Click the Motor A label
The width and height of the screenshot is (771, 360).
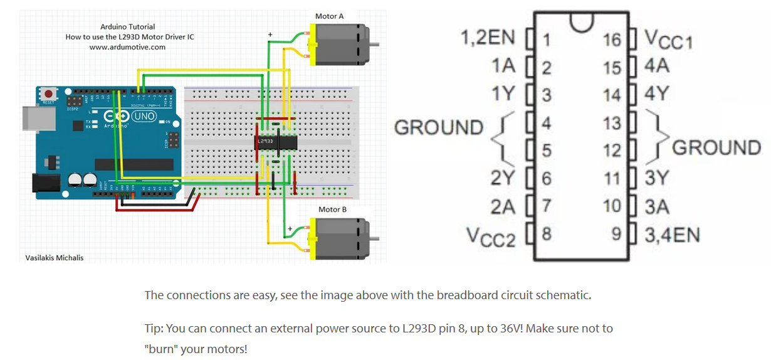(x=329, y=16)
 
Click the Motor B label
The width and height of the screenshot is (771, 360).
(x=332, y=209)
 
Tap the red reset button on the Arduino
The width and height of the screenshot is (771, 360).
(x=48, y=93)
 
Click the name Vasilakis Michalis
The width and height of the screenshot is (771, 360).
(x=54, y=258)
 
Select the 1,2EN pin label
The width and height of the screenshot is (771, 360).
(x=487, y=38)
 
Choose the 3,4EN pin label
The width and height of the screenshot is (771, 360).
(x=671, y=235)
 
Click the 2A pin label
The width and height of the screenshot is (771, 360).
(x=503, y=206)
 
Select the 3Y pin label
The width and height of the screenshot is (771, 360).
(x=657, y=178)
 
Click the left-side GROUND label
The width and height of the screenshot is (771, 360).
(x=438, y=127)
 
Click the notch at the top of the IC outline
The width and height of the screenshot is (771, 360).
(x=581, y=21)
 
